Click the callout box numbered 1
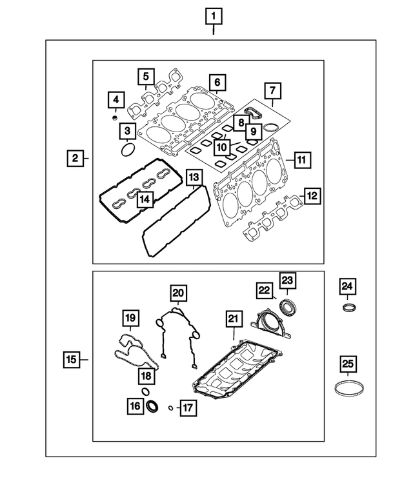tap(214, 15)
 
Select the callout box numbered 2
tap(76, 157)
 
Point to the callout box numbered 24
tap(348, 286)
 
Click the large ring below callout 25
tap(347, 388)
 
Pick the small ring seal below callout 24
tap(348, 306)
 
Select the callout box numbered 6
tap(217, 83)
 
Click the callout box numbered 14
tap(146, 200)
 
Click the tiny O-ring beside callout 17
tap(170, 408)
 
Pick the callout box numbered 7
tap(272, 90)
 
